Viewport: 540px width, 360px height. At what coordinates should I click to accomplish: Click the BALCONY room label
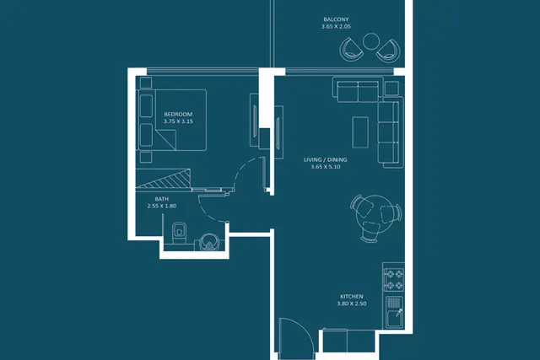click(x=336, y=19)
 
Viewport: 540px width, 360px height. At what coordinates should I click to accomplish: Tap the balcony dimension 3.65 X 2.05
click(x=336, y=26)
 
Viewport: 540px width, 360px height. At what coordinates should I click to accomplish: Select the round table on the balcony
click(x=371, y=41)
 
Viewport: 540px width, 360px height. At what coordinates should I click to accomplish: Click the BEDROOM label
click(x=178, y=115)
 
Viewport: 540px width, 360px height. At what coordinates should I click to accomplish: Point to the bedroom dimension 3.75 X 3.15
click(x=178, y=121)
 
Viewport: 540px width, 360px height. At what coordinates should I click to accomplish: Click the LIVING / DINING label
click(x=326, y=159)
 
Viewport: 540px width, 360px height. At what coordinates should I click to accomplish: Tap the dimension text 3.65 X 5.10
click(x=326, y=167)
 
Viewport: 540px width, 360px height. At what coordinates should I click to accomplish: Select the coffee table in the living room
click(x=360, y=132)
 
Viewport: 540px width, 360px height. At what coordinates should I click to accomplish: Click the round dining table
click(x=375, y=214)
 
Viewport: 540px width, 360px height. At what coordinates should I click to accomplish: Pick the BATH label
click(x=161, y=199)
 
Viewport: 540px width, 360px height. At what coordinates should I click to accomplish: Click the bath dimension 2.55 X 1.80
click(x=161, y=207)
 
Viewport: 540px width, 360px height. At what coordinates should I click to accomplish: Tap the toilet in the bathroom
click(x=179, y=233)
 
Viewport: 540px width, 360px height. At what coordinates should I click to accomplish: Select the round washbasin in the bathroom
click(x=209, y=242)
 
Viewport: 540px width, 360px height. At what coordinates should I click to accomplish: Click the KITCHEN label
click(x=352, y=297)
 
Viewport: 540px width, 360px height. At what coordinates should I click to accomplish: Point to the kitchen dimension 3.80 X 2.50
click(x=352, y=304)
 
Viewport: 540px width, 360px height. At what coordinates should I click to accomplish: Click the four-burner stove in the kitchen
click(x=394, y=280)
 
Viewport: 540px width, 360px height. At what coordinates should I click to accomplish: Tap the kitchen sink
click(x=394, y=312)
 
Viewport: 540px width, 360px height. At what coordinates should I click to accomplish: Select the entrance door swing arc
click(x=307, y=328)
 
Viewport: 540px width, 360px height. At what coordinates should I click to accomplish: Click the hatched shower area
click(x=163, y=179)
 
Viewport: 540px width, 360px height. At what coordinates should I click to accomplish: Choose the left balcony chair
click(x=351, y=50)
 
